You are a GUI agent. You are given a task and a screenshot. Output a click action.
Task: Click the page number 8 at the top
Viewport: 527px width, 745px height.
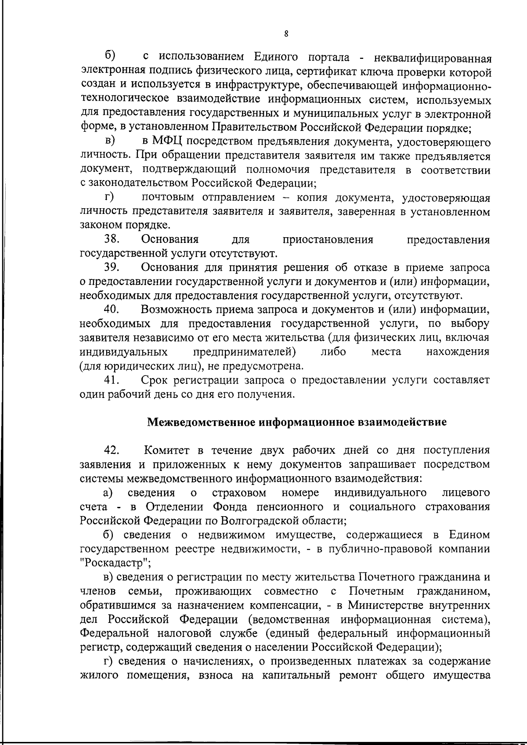[x=286, y=34]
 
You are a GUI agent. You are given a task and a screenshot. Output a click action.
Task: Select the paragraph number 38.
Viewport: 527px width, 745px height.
[x=112, y=240]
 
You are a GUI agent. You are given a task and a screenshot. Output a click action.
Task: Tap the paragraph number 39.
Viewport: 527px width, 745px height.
[x=112, y=268]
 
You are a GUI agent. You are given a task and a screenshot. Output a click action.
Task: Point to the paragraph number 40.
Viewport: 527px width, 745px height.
[x=112, y=309]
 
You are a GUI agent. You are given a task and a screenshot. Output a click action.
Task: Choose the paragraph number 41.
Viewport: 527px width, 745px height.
[x=112, y=380]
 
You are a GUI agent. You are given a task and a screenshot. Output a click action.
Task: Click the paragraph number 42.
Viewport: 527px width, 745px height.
[x=112, y=451]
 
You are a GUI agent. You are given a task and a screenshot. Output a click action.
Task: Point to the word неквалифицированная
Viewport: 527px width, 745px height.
[x=431, y=58]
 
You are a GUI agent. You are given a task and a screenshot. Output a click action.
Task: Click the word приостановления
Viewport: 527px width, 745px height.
[x=328, y=240]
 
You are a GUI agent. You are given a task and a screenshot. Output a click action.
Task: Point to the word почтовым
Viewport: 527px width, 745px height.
[x=169, y=198]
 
